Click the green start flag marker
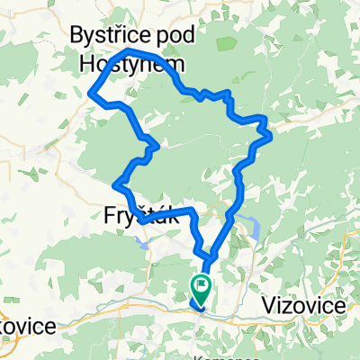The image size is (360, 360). [x=201, y=288]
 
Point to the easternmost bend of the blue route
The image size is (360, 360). [x=271, y=136]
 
